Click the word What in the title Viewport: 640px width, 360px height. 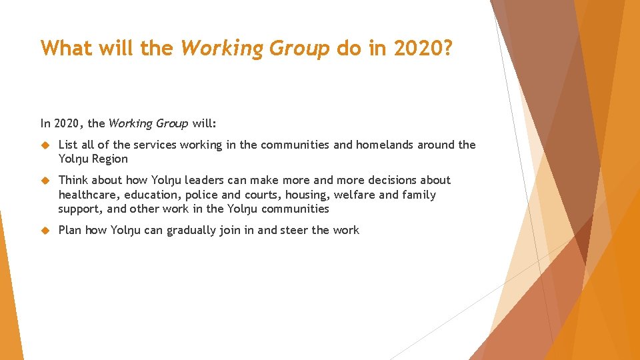coord(65,49)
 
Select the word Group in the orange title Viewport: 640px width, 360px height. coord(299,49)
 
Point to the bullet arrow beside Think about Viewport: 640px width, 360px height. coord(45,181)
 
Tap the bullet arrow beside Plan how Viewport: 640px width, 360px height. coord(45,231)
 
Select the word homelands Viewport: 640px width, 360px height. coord(385,145)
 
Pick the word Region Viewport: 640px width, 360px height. coord(109,159)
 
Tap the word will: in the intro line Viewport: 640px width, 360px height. coord(205,123)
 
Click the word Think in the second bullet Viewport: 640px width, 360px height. coord(73,180)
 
